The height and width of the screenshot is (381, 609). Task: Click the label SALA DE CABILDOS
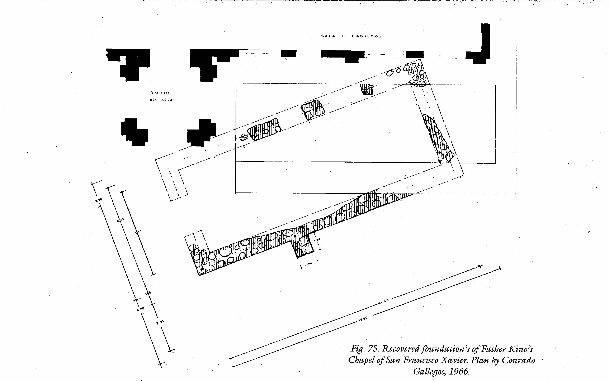point(351,36)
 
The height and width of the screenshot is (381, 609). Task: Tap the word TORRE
point(160,93)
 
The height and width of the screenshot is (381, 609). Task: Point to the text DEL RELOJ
point(162,100)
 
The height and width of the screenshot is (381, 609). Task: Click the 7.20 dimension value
point(99,200)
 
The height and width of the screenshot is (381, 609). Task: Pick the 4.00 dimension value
point(141,309)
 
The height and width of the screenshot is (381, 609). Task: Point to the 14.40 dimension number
point(384,301)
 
